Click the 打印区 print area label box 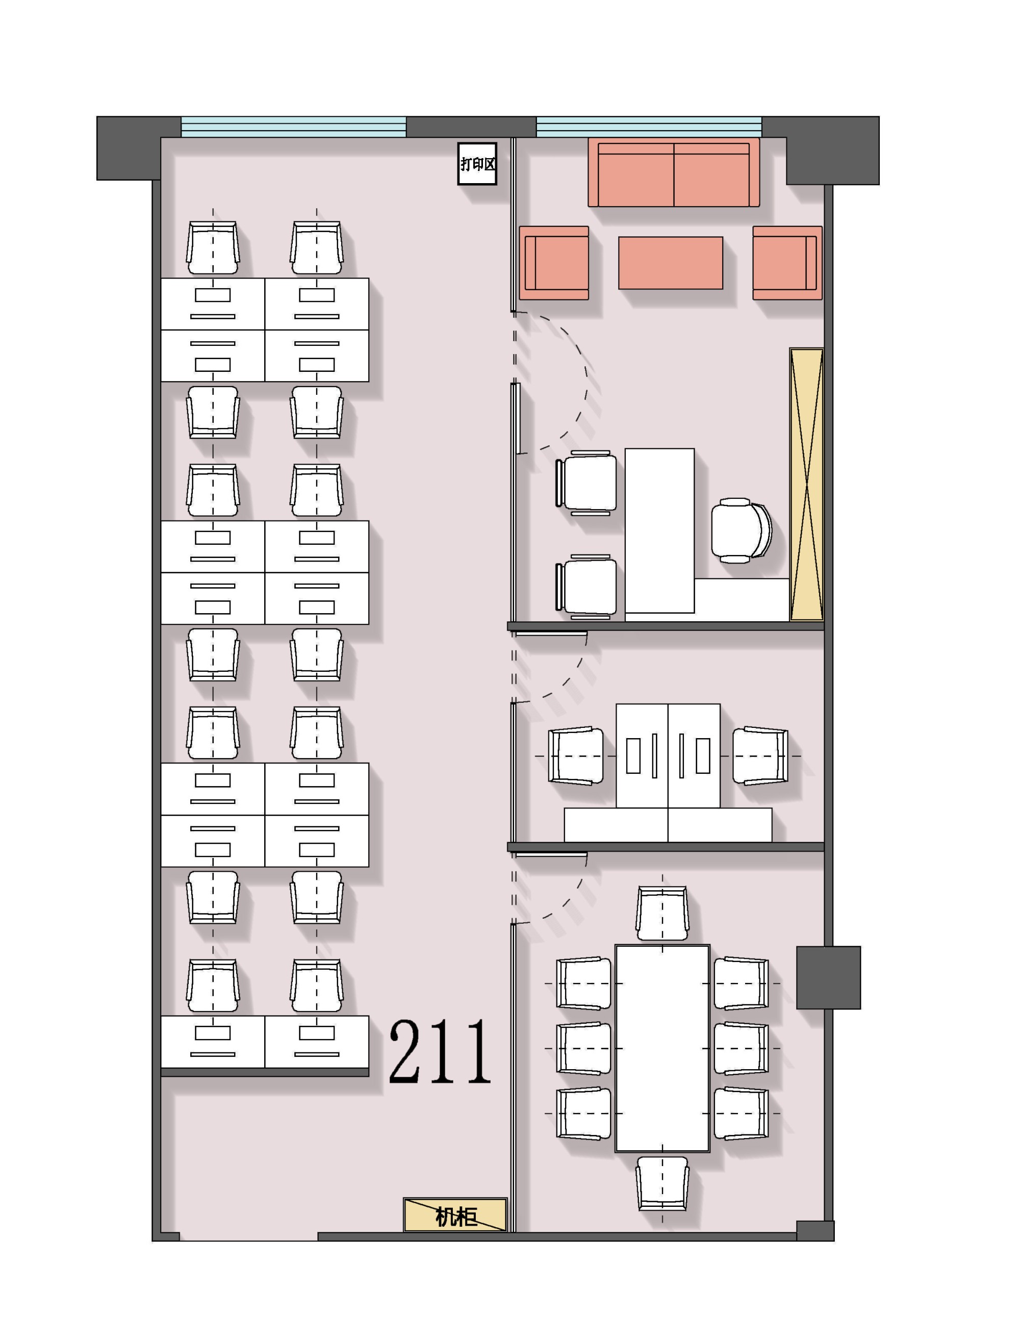477,163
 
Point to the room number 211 440,1051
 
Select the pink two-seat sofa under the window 674,172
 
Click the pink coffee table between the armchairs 670,263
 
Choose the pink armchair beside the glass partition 554,263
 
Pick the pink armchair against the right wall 787,263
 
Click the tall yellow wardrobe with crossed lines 806,484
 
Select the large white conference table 662,1048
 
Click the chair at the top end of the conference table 662,912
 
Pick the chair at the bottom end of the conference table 662,1183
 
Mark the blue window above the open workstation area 293,127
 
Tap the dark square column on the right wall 828,978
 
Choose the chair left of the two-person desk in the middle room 576,756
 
